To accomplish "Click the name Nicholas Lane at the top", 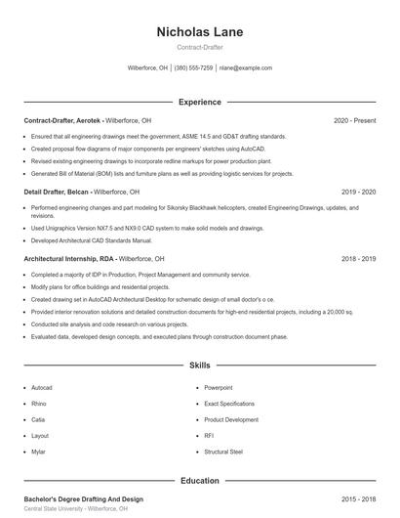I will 200,32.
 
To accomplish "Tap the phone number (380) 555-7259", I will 193,68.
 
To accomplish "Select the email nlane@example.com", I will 245,68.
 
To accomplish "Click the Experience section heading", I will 200,102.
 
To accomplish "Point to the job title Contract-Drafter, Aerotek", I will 61,120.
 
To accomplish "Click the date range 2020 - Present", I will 354,120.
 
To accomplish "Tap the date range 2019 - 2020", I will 358,193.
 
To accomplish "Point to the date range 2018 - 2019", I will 358,259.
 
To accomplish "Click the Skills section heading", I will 200,366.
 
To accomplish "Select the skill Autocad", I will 42,387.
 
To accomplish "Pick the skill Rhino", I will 39,403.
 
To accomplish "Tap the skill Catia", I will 38,419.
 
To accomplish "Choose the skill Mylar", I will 39,452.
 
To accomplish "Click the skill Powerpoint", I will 219,387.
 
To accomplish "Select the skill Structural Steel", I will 223,452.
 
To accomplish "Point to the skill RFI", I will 209,435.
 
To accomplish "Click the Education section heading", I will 200,481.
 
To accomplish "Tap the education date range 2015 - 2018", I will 358,499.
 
